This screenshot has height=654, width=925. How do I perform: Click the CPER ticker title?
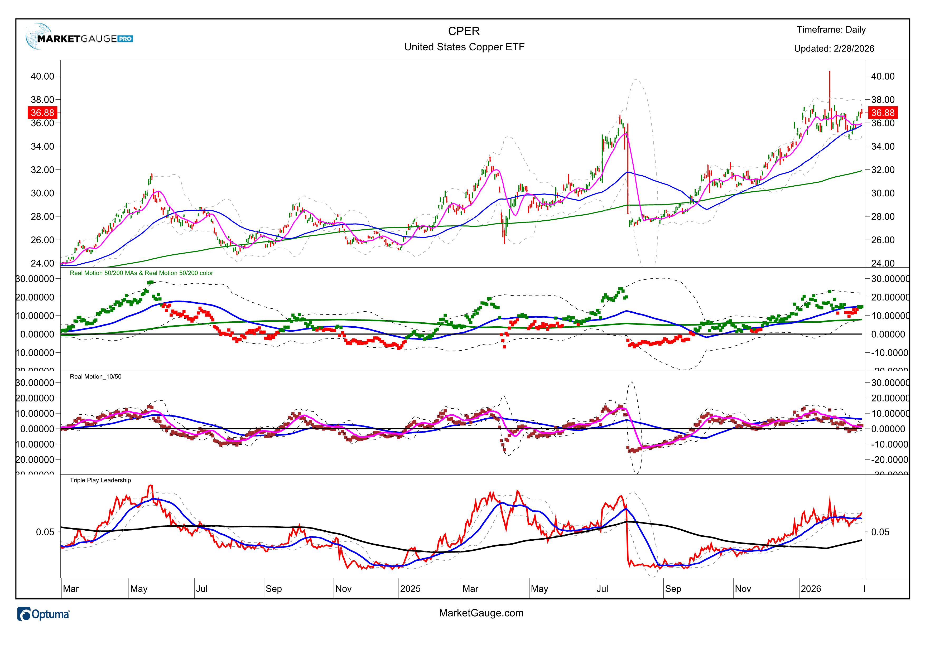(464, 31)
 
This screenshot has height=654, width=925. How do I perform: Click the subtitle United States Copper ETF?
(464, 47)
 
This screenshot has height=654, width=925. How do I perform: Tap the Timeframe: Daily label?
(831, 30)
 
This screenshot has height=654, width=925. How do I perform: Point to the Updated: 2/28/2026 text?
(834, 49)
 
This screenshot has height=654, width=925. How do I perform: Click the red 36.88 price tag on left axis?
(42, 113)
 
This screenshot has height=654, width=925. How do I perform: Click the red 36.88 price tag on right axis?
(882, 113)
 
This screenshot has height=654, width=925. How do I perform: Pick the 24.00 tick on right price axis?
(883, 263)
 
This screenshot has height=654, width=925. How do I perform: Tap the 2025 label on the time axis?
(410, 589)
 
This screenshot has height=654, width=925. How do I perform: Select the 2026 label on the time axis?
(811, 589)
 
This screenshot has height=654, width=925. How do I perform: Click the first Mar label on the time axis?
(71, 589)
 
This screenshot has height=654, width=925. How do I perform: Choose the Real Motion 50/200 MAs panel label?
(141, 273)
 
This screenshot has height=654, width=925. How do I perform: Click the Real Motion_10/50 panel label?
(95, 376)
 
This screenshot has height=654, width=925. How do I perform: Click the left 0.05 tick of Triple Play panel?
(45, 532)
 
